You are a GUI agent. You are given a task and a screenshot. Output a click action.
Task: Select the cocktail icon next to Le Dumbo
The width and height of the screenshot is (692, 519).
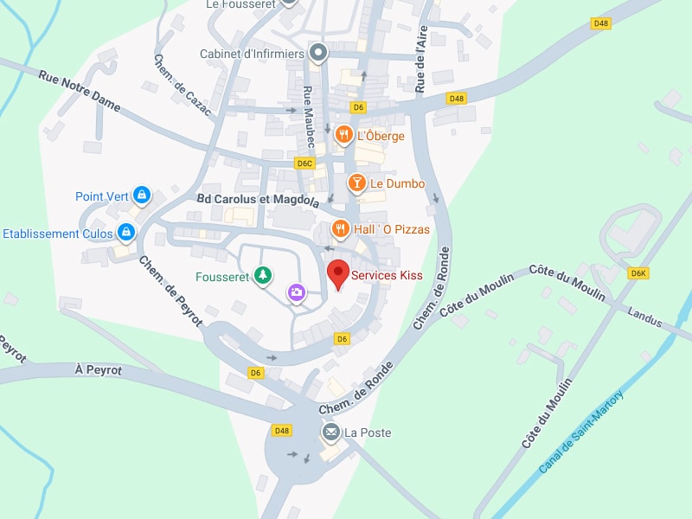click(356, 183)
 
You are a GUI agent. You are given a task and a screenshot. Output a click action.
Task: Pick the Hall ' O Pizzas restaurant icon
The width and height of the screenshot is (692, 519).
click(341, 228)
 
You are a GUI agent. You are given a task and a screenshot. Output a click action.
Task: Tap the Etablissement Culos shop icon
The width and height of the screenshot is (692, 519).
click(127, 232)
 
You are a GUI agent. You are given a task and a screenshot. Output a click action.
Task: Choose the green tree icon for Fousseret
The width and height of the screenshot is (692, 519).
click(264, 276)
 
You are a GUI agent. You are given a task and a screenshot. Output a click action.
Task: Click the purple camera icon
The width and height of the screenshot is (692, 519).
click(297, 292)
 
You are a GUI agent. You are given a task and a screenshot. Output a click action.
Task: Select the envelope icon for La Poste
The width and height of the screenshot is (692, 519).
click(330, 432)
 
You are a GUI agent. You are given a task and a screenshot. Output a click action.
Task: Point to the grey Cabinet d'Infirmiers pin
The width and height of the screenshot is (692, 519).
click(318, 53)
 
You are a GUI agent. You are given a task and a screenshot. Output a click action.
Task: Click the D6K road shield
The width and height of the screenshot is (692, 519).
click(638, 273)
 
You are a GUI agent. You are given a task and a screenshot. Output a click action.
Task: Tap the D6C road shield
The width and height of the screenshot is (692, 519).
click(304, 163)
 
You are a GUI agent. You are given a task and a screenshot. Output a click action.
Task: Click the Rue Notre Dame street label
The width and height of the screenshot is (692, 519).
click(79, 90)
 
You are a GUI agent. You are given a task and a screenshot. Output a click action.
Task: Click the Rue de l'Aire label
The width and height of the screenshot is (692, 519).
click(421, 59)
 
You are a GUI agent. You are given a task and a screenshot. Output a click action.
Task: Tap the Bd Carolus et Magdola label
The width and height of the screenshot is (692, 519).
click(258, 200)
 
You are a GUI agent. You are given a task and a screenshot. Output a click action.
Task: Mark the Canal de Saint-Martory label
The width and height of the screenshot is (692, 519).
click(581, 431)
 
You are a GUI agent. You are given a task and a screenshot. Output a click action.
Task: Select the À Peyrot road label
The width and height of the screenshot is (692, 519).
click(98, 369)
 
